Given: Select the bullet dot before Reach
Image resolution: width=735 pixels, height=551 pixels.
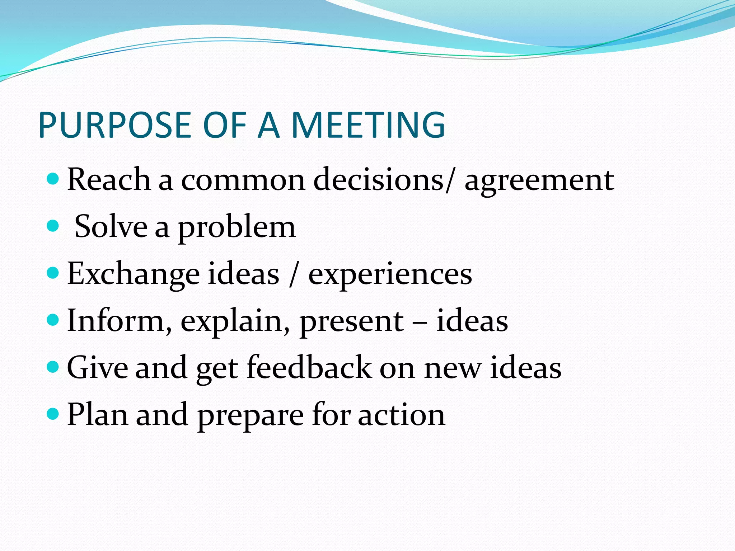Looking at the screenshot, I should tap(53, 178).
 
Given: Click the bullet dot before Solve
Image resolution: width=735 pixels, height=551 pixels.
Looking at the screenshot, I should tap(53, 226).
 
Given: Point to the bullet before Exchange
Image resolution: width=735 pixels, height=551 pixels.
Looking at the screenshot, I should tap(53, 273).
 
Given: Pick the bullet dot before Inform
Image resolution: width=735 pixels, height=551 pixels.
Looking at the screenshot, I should tap(53, 320).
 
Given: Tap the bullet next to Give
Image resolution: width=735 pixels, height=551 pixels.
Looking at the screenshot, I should tap(53, 367).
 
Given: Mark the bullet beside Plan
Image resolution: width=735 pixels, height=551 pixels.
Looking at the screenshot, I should tap(53, 414).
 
